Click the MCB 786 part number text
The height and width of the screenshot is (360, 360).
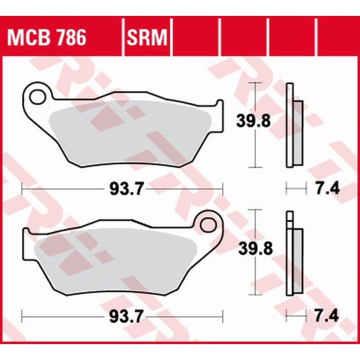click(x=45, y=37)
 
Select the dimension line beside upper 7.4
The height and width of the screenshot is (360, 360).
click(x=294, y=188)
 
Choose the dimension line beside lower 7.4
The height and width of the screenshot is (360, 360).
click(x=294, y=316)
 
